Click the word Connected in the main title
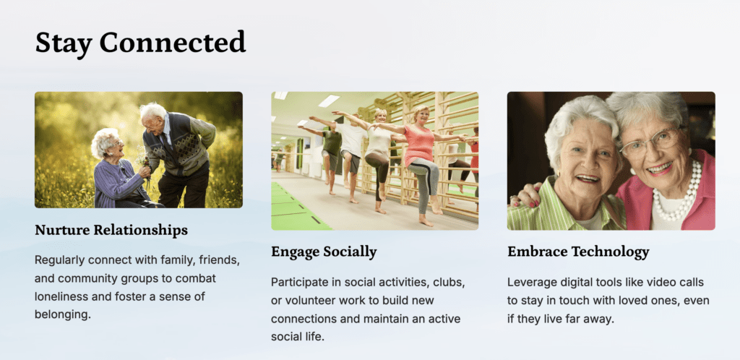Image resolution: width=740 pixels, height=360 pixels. [x=172, y=43]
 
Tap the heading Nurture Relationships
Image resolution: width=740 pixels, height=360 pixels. [x=111, y=231]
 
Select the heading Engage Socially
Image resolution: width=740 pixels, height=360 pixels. [x=324, y=252]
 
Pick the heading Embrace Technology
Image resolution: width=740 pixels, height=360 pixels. [x=578, y=252]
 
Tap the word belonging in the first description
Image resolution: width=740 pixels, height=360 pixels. [x=62, y=314]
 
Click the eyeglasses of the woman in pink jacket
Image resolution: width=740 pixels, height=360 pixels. [x=651, y=142]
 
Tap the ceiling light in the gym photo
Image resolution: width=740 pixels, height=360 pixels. [x=329, y=100]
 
